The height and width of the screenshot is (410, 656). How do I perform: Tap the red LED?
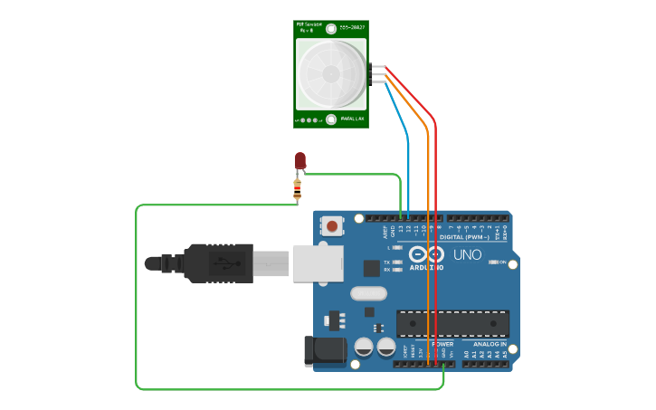coord(300,161)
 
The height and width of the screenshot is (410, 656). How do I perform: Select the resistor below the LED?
coord(298,190)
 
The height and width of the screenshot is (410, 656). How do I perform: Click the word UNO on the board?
coord(467,255)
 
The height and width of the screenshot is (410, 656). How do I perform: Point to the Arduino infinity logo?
coord(425,254)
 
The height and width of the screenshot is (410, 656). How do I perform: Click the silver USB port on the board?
coord(317,262)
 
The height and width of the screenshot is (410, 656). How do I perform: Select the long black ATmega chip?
coord(452,324)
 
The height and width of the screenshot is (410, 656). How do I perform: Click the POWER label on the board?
coord(442,344)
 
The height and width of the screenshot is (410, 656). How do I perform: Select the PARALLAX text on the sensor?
coord(353,119)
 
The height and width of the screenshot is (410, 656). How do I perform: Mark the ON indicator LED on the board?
coord(493,262)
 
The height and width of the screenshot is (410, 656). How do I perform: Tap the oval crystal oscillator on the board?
coord(368,292)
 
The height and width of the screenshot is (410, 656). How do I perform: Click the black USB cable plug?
coord(217,263)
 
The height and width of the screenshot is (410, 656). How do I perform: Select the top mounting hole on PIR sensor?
coord(332,28)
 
